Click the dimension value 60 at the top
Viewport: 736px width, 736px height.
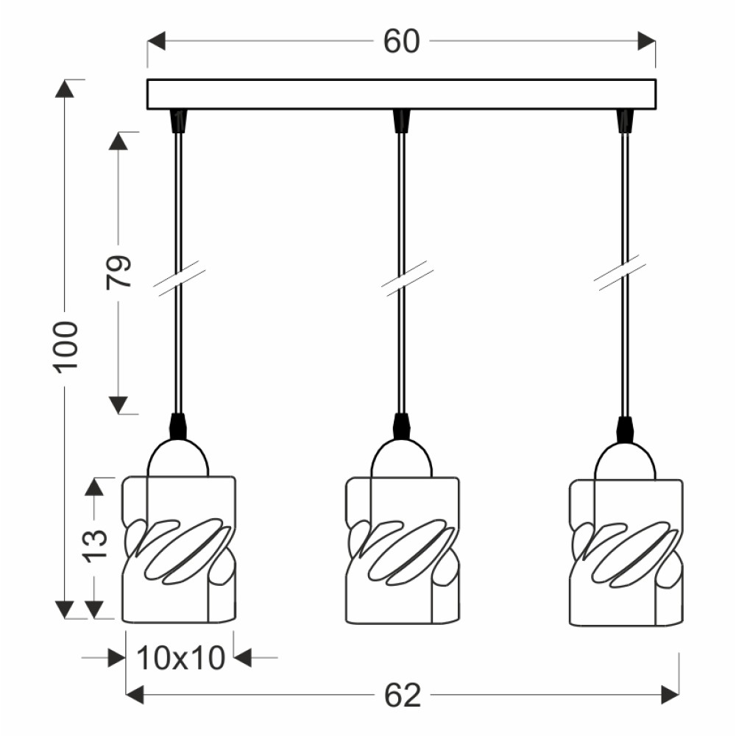coord(401,41)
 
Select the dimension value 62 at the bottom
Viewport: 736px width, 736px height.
coord(403,696)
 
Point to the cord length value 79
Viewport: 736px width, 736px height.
coord(118,272)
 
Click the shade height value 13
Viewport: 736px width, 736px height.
coord(95,546)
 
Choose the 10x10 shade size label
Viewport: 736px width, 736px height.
coord(181,657)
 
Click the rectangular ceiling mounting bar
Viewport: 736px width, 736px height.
coord(401,94)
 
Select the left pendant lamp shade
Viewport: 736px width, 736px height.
coord(179,550)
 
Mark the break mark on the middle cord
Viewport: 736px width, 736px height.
coord(407,278)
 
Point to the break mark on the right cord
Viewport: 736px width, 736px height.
coord(620,273)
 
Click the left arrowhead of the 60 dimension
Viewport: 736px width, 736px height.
coord(156,41)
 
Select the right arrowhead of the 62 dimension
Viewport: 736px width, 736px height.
coord(670,695)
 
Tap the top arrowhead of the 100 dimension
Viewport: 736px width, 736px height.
coord(65,89)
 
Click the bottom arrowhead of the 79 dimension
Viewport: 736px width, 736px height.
coord(118,405)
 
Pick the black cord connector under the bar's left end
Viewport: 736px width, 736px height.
coord(178,121)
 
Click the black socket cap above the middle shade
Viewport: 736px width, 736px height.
coord(400,426)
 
